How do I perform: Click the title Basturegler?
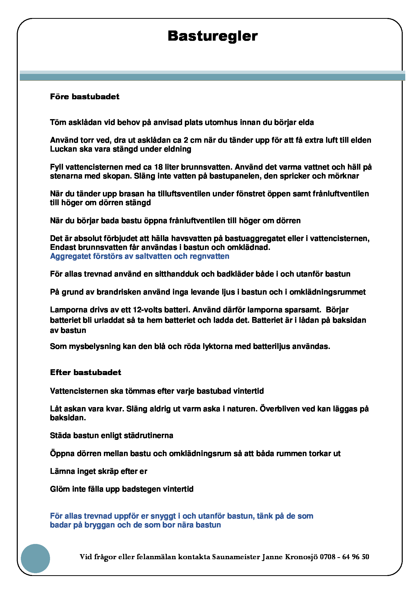213,36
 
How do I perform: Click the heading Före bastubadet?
85,97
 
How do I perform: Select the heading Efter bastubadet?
85,372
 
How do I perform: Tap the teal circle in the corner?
36,558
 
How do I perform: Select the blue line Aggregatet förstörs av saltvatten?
139,256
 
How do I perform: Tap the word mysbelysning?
95,346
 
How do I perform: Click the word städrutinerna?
149,436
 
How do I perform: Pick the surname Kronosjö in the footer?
301,557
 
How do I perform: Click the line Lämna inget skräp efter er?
99,471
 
